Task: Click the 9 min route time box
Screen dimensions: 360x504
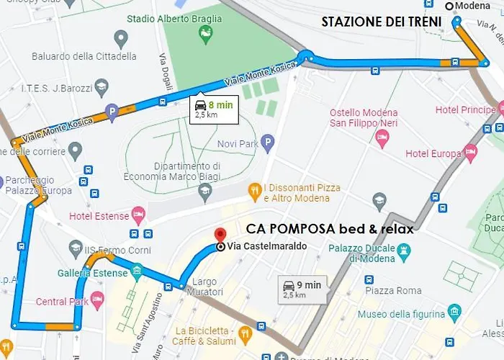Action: click(x=302, y=289)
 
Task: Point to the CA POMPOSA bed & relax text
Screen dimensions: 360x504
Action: click(x=330, y=229)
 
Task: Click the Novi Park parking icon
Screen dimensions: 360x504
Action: click(x=267, y=143)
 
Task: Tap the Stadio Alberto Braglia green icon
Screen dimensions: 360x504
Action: click(x=205, y=33)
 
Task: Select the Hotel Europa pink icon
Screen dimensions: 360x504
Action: click(x=470, y=153)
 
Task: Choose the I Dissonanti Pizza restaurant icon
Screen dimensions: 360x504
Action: click(x=253, y=192)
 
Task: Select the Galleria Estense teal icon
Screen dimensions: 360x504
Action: click(x=137, y=272)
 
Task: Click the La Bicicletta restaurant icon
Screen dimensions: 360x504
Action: click(x=246, y=333)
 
